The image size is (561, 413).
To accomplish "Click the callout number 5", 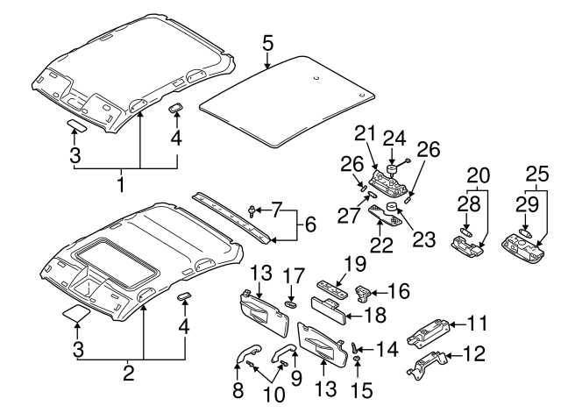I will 267,42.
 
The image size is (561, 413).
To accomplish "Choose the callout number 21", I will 366,133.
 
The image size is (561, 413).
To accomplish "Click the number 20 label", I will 478,174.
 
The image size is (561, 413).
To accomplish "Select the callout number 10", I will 274,395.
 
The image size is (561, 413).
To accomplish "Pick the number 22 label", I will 380,244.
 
